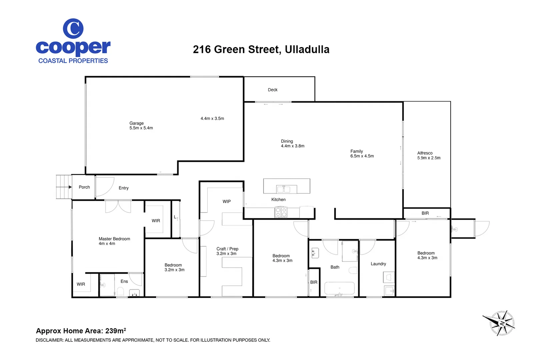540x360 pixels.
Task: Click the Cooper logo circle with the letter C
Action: (x=73, y=29)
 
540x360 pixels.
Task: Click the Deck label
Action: (x=272, y=90)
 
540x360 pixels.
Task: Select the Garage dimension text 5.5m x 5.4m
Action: (x=141, y=128)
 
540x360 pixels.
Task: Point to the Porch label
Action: (x=84, y=187)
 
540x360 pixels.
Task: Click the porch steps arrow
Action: (x=70, y=187)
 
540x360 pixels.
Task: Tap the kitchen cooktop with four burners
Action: (x=281, y=212)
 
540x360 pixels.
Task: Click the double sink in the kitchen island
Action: (x=283, y=189)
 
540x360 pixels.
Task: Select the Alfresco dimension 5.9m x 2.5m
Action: (x=429, y=158)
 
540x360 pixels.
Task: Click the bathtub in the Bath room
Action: (x=339, y=289)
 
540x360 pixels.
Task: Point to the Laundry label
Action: (x=378, y=264)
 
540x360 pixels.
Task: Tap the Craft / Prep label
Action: (x=227, y=249)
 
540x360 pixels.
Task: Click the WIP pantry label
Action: (x=226, y=201)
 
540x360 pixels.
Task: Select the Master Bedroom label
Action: (x=114, y=239)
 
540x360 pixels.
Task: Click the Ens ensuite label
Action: (x=124, y=281)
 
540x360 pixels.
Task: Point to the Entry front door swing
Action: (x=105, y=187)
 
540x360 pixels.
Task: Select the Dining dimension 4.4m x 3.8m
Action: (x=292, y=146)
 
